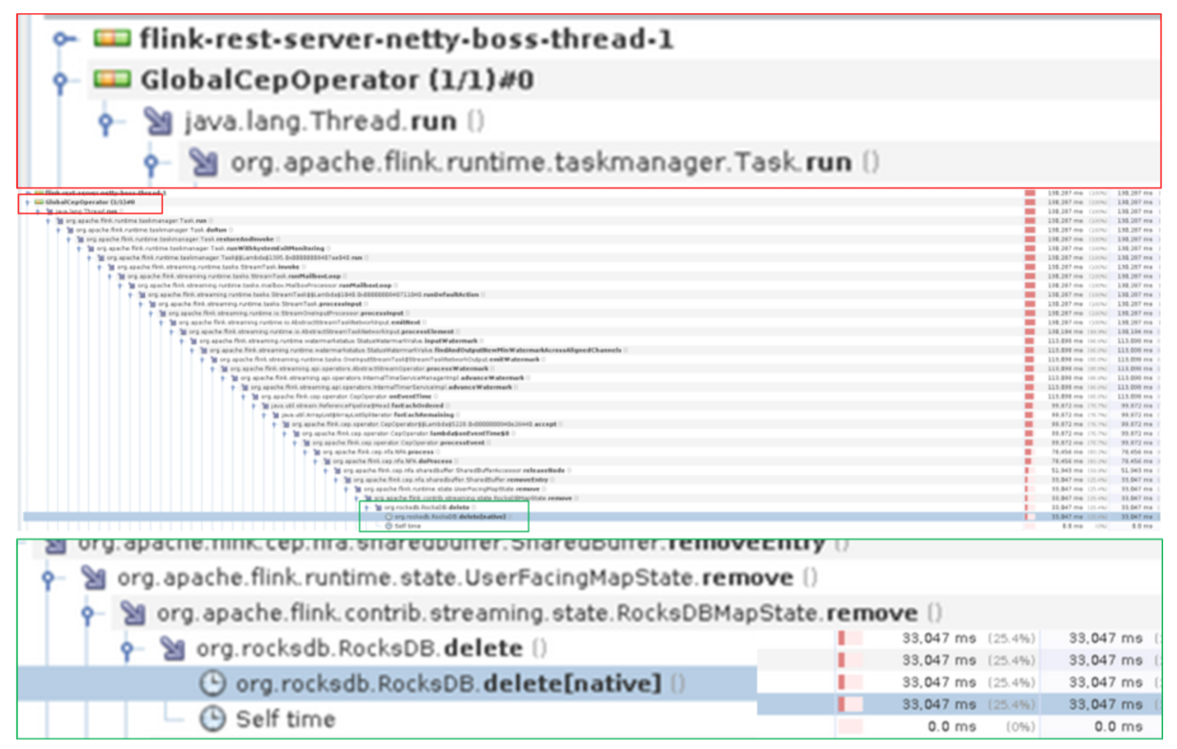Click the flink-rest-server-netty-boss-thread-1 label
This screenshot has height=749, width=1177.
pos(407,39)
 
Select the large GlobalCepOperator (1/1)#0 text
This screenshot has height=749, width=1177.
pos(337,80)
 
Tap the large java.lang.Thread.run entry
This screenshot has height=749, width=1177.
pos(321,121)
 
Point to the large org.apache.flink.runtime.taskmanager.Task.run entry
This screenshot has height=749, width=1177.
pos(541,162)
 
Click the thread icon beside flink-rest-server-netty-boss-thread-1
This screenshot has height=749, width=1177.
pos(112,38)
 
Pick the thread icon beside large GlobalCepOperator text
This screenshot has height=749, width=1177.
pos(112,79)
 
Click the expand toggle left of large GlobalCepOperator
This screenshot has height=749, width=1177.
pos(60,81)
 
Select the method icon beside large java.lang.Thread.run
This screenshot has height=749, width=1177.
pos(158,122)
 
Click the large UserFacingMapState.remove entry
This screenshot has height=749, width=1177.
pos(455,578)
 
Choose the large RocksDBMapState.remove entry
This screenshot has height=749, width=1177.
pos(537,613)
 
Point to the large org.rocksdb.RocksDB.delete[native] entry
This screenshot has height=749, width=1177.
pos(448,684)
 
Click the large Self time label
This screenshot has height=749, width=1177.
pos(286,719)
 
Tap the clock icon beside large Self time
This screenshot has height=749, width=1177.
pos(212,719)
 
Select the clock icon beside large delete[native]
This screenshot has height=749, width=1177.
pos(212,684)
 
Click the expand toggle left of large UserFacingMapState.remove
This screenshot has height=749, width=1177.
pos(49,579)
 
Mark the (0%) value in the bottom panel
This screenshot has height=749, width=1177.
pos(1020,727)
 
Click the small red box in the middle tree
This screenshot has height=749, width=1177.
pos(91,203)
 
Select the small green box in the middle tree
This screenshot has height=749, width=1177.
pos(444,516)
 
